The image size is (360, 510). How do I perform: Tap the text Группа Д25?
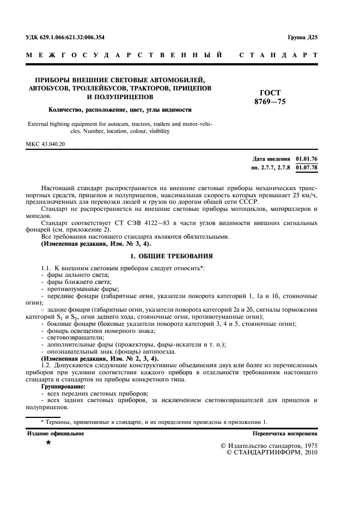pos(302,38)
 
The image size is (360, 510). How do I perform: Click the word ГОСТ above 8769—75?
pos(270,93)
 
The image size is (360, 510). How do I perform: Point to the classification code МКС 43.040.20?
pos(45,144)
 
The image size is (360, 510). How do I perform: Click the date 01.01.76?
pos(306,159)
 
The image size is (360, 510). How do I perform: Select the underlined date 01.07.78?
pos(306,167)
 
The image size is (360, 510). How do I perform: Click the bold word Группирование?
pos(64,386)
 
